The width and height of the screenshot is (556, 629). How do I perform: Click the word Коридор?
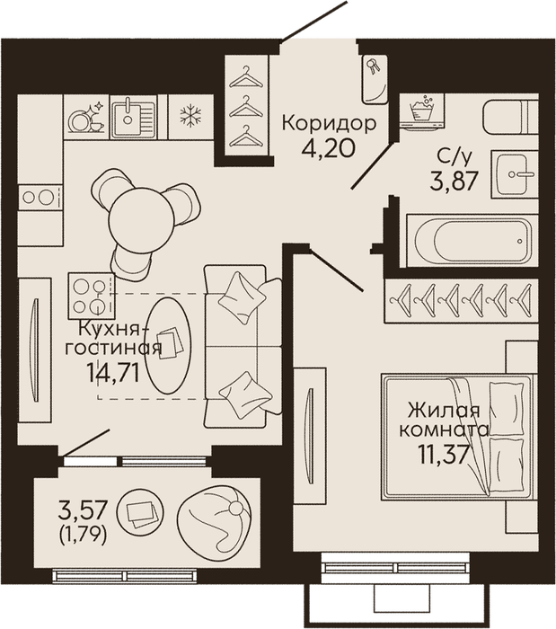[x=329, y=124]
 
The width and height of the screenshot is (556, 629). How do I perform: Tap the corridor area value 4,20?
[x=329, y=148]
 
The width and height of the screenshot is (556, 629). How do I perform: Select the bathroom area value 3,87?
[x=454, y=181]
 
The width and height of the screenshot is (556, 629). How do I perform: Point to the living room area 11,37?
[x=444, y=455]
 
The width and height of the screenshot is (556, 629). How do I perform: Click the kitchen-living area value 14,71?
[x=113, y=374]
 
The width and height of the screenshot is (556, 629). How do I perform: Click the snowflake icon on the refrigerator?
[x=190, y=116]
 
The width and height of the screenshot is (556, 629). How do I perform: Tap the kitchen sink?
[x=134, y=117]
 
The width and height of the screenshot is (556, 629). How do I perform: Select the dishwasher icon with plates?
[x=86, y=117]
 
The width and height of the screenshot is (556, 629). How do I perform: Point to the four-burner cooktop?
[x=92, y=297]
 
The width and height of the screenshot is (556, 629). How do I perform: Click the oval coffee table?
[x=168, y=345]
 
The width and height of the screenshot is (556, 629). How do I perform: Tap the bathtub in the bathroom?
[x=472, y=240]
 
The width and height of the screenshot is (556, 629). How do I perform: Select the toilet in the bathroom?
[x=510, y=117]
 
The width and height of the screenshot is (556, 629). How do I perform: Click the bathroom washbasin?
[x=515, y=174]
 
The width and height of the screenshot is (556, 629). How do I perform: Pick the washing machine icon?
[x=422, y=111]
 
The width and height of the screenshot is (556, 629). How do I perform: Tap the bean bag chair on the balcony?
[x=215, y=520]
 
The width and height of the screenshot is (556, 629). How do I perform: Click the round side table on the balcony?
[x=140, y=512]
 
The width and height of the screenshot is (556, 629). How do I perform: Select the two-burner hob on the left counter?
[x=40, y=197]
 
